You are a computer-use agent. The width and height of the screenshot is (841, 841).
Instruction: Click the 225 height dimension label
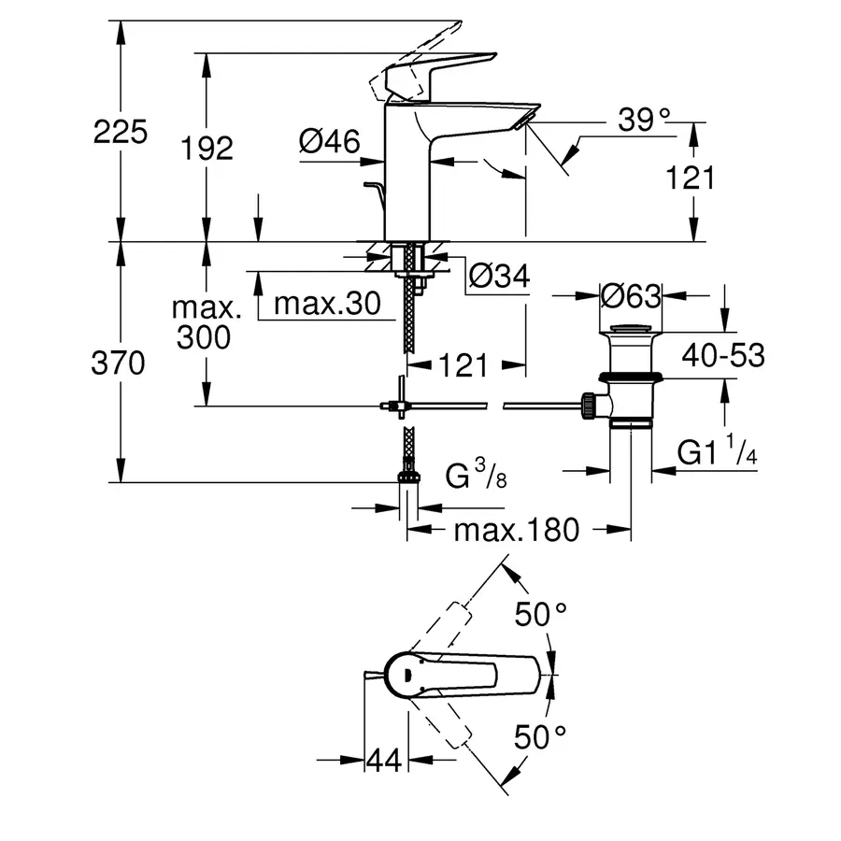121,132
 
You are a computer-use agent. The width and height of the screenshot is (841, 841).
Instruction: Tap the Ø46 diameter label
329,141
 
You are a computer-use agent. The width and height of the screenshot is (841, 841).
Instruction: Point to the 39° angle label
645,119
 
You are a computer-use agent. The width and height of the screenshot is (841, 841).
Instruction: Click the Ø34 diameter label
498,276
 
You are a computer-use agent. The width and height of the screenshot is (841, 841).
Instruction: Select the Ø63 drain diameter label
631,295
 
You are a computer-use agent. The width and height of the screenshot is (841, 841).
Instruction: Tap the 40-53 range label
722,355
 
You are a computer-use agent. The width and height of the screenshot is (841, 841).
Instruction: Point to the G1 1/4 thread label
717,453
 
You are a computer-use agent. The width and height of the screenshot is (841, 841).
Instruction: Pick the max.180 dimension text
517,531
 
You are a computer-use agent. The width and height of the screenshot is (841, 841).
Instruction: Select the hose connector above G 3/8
407,476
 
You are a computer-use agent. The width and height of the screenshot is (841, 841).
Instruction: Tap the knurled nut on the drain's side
590,405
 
